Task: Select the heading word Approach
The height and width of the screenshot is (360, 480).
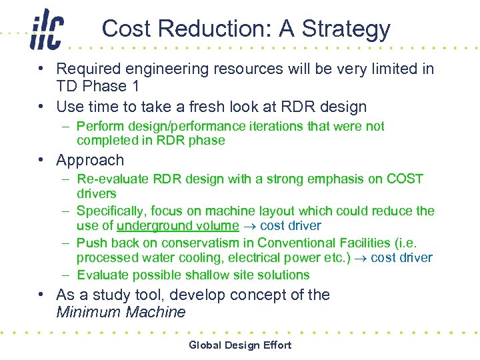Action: pyautogui.click(x=90, y=161)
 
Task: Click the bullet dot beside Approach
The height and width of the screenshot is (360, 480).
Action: pyautogui.click(x=41, y=160)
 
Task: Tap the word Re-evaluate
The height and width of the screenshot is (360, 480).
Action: pyautogui.click(x=113, y=179)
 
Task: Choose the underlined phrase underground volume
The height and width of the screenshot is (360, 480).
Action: pyautogui.click(x=177, y=226)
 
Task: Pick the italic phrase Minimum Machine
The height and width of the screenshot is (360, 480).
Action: pyautogui.click(x=121, y=312)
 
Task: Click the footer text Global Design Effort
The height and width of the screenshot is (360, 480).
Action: pyautogui.click(x=240, y=345)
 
